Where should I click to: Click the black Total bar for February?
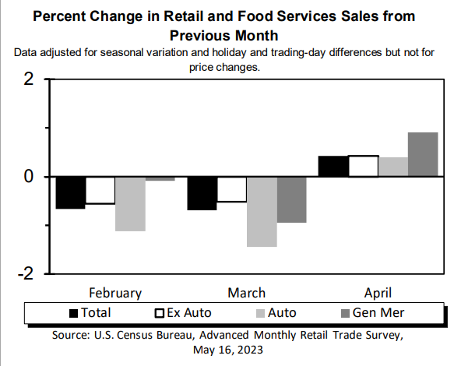click(x=70, y=192)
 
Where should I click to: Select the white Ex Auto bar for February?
click(x=100, y=190)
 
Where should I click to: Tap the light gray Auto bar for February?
click(x=130, y=203)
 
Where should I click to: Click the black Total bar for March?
click(x=202, y=193)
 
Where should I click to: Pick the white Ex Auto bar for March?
click(x=231, y=189)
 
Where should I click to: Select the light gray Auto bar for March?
click(x=262, y=211)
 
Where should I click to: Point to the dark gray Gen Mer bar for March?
click(x=291, y=199)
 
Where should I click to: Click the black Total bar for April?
click(x=334, y=167)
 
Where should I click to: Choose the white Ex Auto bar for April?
click(x=364, y=166)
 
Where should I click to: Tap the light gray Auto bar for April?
click(x=393, y=167)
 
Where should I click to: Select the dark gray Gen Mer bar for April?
click(x=423, y=154)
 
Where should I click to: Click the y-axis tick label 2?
click(x=29, y=79)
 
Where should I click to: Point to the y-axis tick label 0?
click(x=29, y=177)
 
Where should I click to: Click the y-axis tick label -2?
click(x=25, y=274)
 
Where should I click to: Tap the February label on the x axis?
click(x=115, y=293)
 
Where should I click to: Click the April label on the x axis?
click(x=377, y=293)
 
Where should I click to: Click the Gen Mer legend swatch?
click(x=347, y=313)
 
